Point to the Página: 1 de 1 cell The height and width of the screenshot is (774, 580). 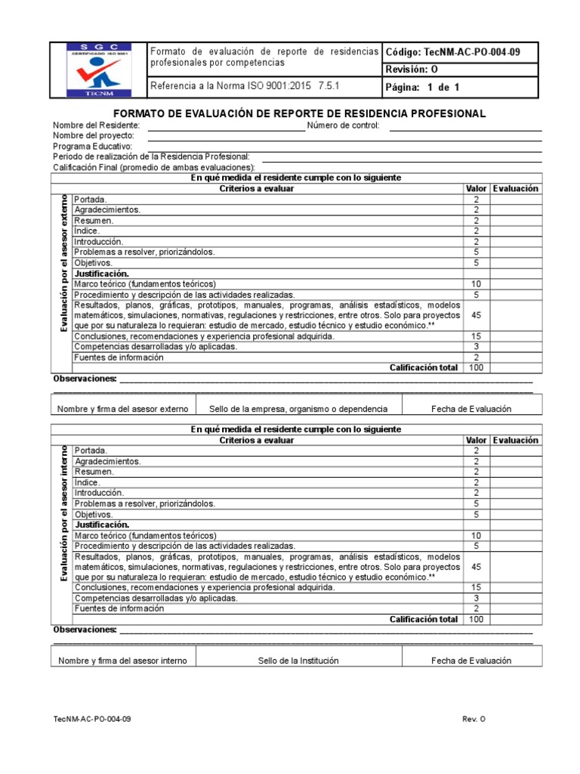(x=422, y=87)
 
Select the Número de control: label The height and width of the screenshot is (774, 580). (x=344, y=125)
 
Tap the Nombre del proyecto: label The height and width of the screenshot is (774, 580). (x=93, y=135)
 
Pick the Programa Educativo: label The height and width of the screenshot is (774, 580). (x=92, y=146)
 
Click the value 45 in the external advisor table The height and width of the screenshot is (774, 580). (x=476, y=314)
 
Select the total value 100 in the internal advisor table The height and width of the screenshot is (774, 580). (x=476, y=618)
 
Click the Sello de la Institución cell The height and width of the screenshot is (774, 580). (x=298, y=661)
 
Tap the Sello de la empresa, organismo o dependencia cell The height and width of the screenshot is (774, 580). (x=298, y=409)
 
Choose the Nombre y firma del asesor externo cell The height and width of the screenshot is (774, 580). (x=122, y=409)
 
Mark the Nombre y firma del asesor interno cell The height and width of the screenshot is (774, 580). (x=122, y=661)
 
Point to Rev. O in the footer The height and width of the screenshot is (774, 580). (x=474, y=720)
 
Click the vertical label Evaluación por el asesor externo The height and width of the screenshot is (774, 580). (x=63, y=263)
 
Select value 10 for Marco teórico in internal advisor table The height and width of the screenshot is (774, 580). (x=476, y=535)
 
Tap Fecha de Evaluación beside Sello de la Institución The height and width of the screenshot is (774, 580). (x=471, y=661)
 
